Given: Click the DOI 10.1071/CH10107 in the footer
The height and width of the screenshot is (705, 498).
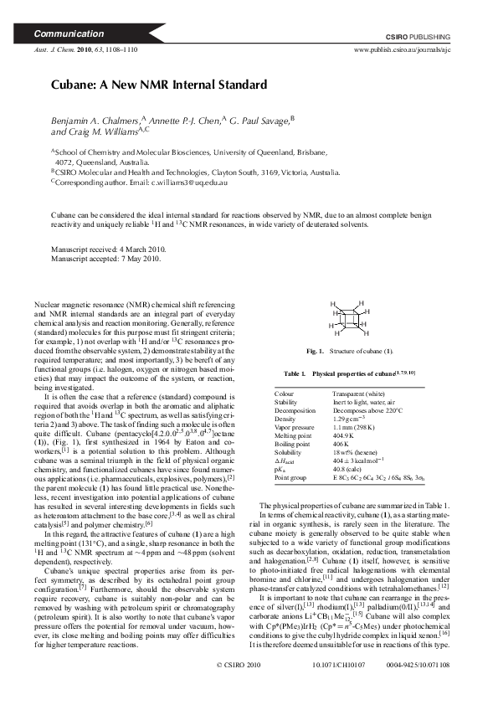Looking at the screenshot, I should click(333, 688).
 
